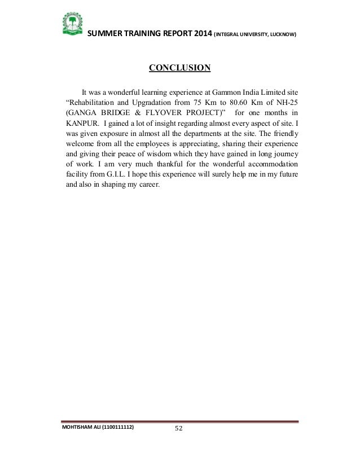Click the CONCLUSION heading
(x=179, y=69)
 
